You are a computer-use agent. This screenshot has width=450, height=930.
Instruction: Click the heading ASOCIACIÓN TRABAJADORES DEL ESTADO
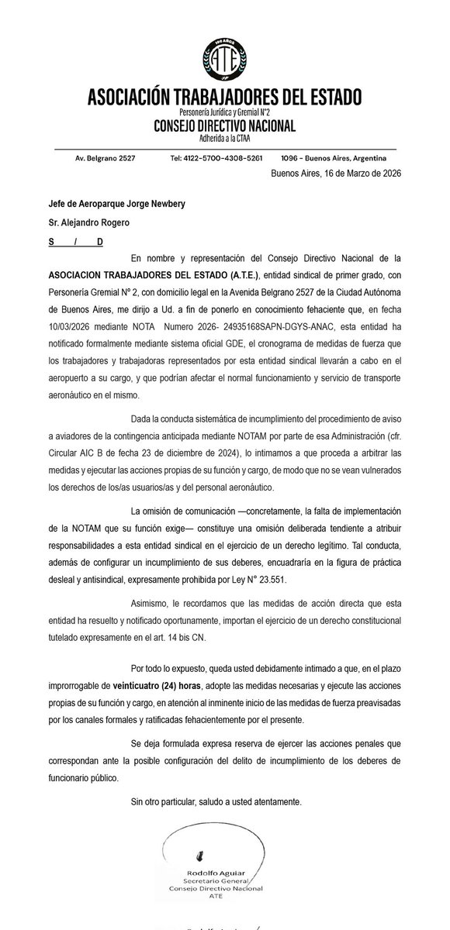tap(224, 99)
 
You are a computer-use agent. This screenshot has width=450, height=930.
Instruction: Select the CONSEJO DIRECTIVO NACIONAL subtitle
tap(224, 126)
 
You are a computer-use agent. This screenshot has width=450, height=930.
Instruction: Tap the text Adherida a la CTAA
tap(224, 138)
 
